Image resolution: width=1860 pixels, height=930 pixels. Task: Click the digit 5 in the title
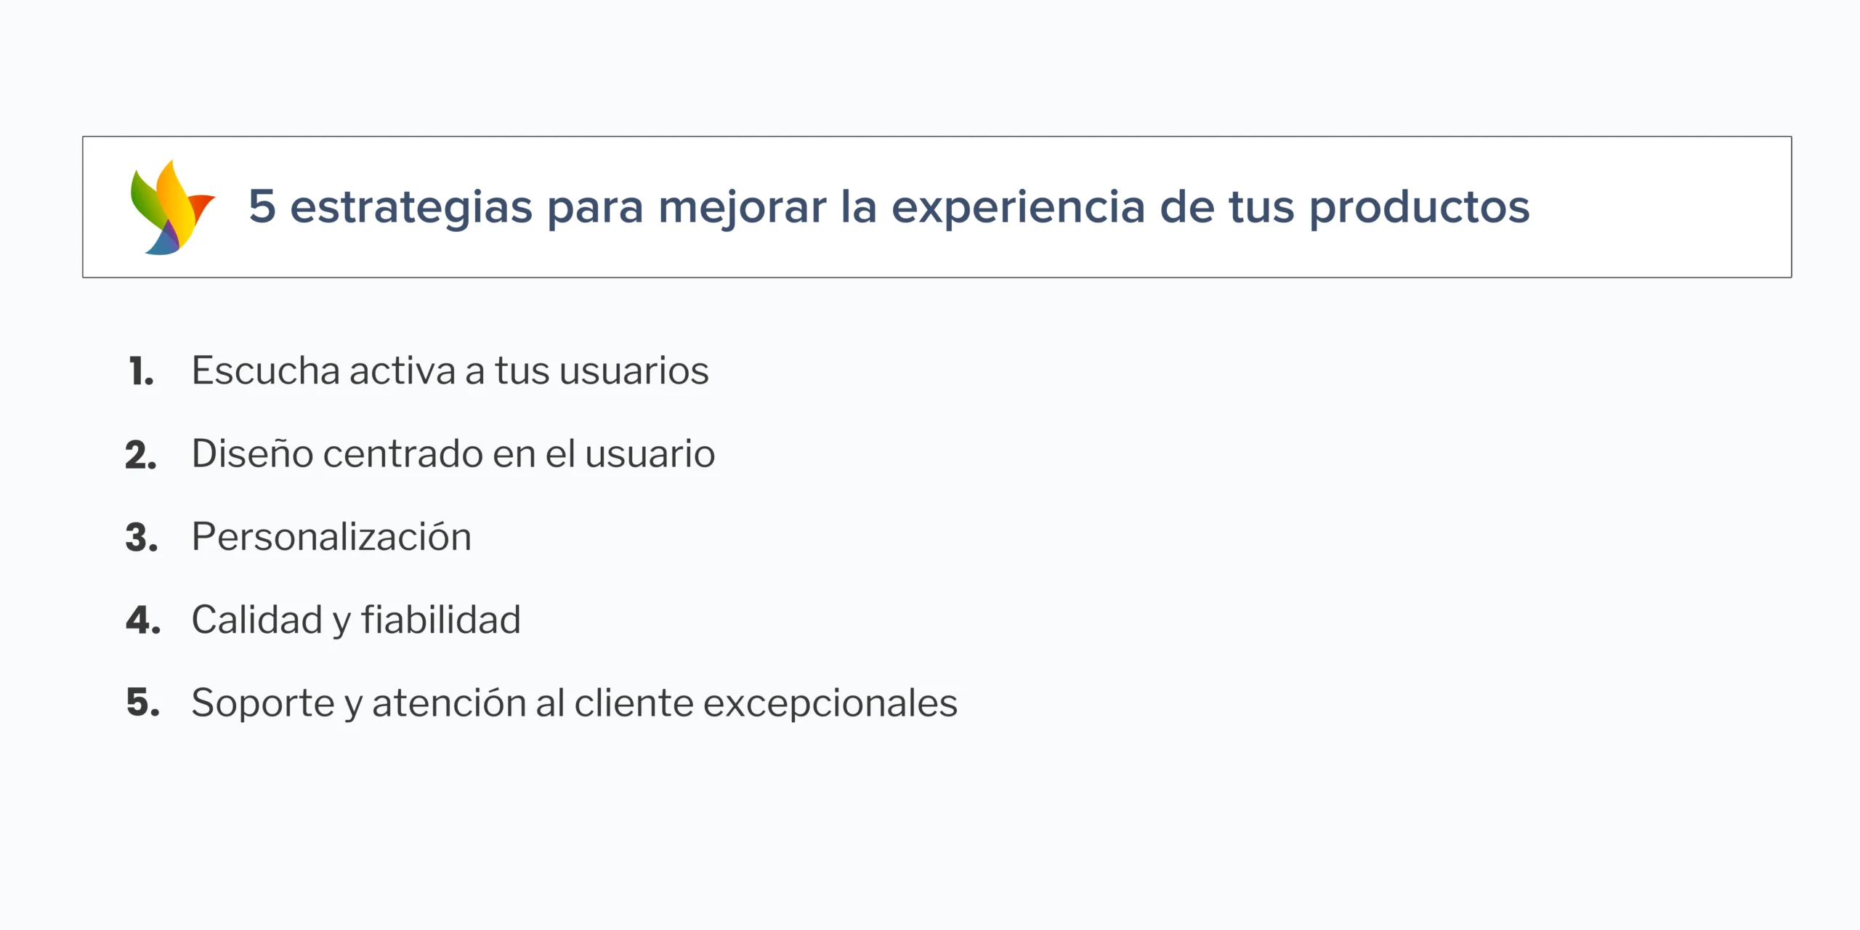[x=262, y=206]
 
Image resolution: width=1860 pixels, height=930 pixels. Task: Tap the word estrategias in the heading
[x=411, y=208]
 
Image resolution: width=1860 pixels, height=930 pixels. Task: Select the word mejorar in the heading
[x=743, y=208]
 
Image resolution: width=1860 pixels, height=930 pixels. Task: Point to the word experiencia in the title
[x=1019, y=208]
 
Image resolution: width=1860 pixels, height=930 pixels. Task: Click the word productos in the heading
[x=1420, y=208]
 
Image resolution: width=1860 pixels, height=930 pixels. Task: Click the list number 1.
[x=141, y=371]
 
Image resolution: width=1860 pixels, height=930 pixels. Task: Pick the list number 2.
[x=141, y=455]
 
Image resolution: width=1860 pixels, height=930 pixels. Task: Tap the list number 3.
[x=142, y=538]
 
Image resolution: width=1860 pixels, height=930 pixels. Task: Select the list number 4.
[x=143, y=620]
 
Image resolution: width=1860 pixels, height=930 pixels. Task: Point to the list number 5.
[x=143, y=703]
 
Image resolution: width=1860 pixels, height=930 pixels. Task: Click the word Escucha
[x=266, y=371]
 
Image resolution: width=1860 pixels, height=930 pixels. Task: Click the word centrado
[x=403, y=453]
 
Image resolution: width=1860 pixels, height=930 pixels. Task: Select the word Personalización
[x=331, y=536]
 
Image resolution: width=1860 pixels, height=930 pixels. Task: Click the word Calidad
[x=257, y=620]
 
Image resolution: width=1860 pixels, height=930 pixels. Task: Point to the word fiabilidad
[x=441, y=620]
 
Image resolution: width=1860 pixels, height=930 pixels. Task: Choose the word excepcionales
[x=830, y=703]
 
